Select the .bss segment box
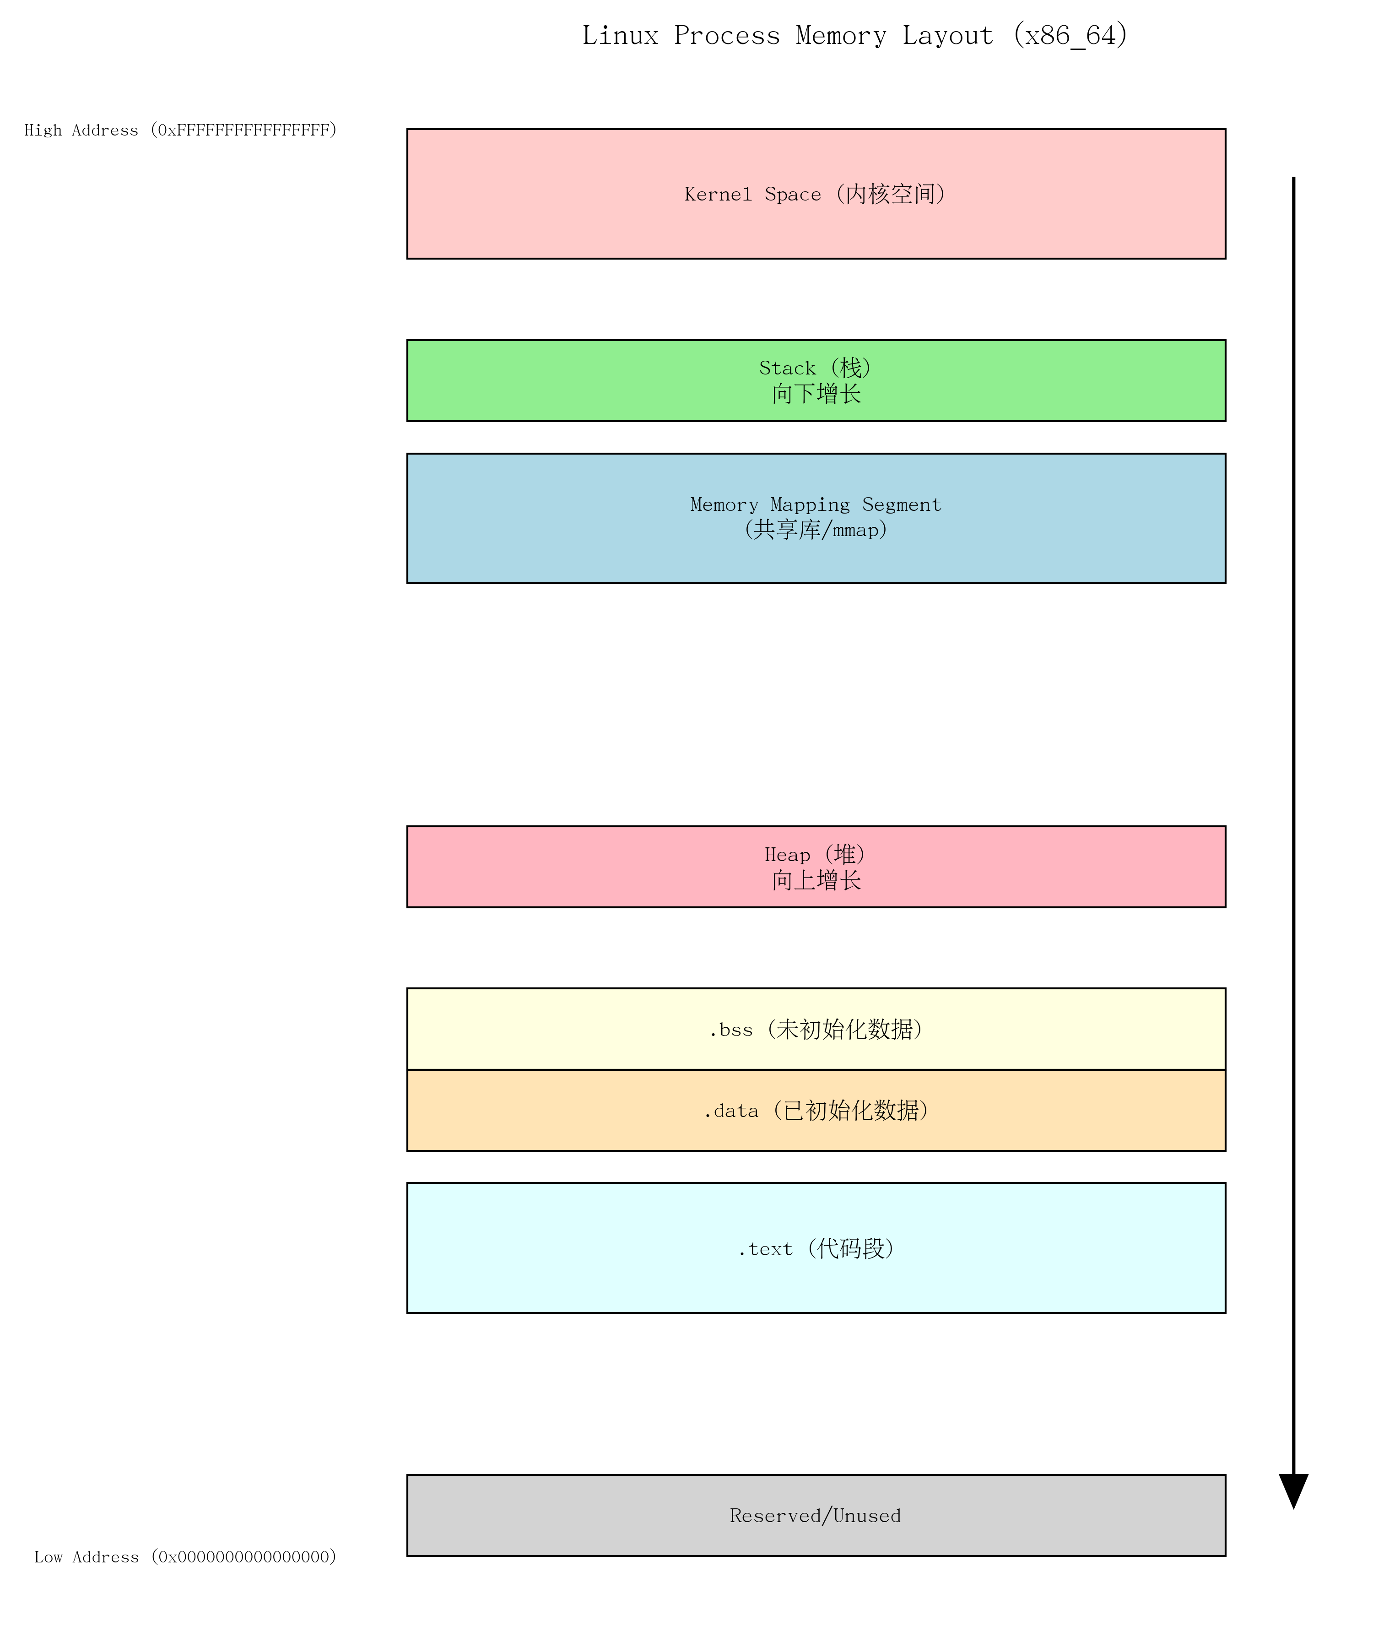point(816,1029)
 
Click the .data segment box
point(816,1111)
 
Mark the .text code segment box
point(816,1248)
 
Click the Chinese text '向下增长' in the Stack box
point(816,394)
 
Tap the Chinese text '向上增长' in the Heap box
point(816,880)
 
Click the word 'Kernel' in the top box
point(718,195)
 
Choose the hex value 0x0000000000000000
point(243,1557)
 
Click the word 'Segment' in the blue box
point(902,504)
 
